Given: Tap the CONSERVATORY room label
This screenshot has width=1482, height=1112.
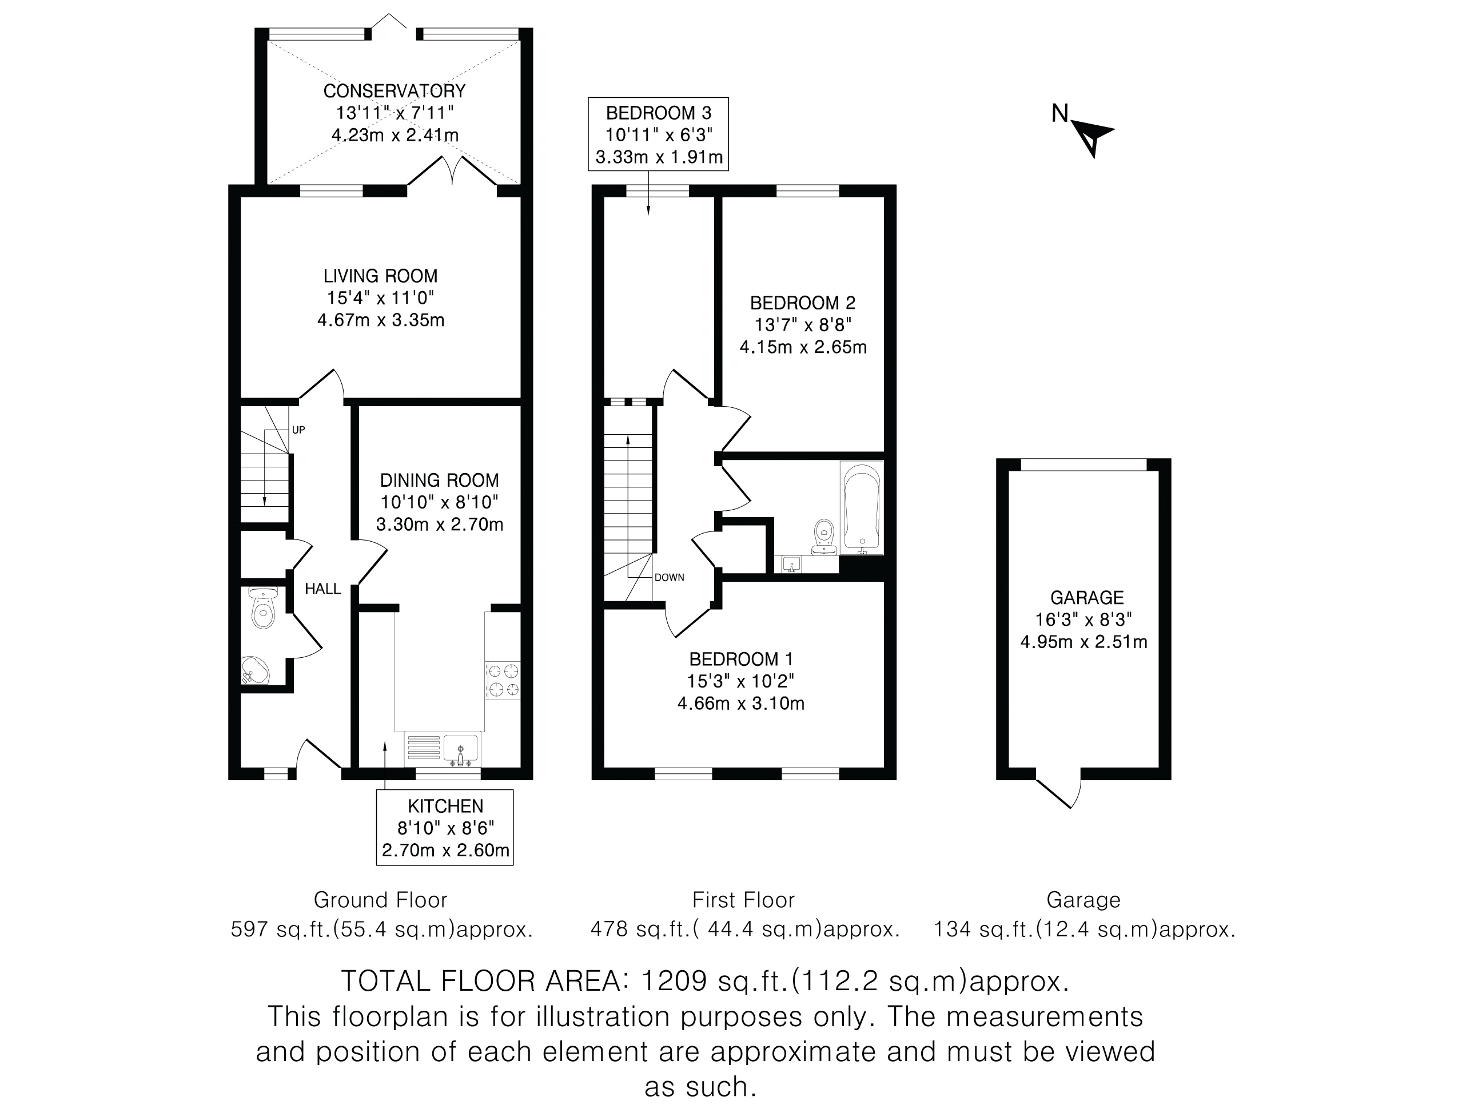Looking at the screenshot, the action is pyautogui.click(x=394, y=90).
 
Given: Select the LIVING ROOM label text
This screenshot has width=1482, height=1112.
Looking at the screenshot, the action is pyautogui.click(x=381, y=276).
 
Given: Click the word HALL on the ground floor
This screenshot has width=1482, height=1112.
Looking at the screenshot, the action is pyautogui.click(x=323, y=589).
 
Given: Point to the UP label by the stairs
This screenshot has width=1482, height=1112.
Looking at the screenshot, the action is pyautogui.click(x=298, y=430).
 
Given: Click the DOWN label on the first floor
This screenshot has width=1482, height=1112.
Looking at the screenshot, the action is pyautogui.click(x=670, y=577).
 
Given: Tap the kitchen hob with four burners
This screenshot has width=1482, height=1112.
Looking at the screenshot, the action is pyautogui.click(x=503, y=680).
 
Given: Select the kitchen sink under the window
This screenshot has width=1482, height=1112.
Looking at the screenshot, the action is pyautogui.click(x=460, y=750).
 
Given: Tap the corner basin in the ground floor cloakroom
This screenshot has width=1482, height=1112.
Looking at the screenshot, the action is pyautogui.click(x=254, y=670).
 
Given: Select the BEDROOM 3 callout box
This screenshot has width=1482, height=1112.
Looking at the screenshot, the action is pyautogui.click(x=658, y=134).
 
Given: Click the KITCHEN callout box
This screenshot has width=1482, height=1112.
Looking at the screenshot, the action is pyautogui.click(x=445, y=827).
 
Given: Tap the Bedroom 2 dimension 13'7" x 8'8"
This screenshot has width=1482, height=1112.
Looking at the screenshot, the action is pyautogui.click(x=803, y=324).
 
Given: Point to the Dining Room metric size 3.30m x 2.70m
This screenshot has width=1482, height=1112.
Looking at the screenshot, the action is pyautogui.click(x=440, y=524).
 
